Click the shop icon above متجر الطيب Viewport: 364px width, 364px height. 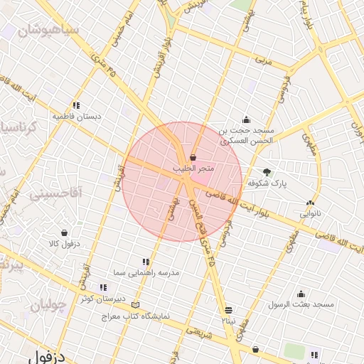[x=193, y=158]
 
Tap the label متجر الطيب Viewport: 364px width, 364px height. [x=193, y=168]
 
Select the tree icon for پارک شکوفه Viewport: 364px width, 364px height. [x=267, y=172]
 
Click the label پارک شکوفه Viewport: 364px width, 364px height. [x=267, y=183]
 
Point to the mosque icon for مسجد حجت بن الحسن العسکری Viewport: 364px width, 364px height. [x=246, y=119]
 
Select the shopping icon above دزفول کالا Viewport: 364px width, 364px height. [x=64, y=232]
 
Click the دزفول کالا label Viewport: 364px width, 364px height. [x=64, y=244]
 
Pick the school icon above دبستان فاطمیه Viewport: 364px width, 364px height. [x=76, y=105]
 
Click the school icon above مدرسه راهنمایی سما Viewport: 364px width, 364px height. [x=146, y=262]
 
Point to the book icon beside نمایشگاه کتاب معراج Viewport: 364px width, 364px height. [x=136, y=304]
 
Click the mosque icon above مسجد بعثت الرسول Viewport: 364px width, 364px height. [x=301, y=294]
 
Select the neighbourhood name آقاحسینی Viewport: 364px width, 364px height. [x=57, y=193]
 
